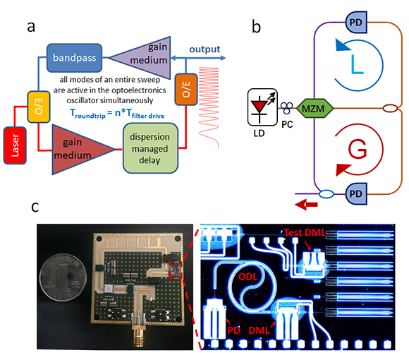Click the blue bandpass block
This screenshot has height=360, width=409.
tap(74, 58)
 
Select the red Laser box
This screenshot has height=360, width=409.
tap(15, 145)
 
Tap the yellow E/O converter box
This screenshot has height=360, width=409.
tap(39, 107)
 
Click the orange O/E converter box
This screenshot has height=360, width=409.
tap(185, 89)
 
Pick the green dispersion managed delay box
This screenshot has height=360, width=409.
tap(150, 148)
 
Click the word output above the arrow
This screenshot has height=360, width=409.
tap(204, 49)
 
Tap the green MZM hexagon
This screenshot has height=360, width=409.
tap(315, 108)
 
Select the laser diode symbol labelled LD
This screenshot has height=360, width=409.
tap(262, 107)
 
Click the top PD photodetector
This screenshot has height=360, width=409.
tap(356, 22)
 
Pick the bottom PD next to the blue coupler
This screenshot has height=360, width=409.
tap(356, 194)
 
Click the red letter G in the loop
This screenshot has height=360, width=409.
tap(358, 150)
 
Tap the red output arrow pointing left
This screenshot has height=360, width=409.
tap(306, 205)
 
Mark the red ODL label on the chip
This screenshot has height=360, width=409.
tap(248, 277)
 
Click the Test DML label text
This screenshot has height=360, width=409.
tap(305, 232)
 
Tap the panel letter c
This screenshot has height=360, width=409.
tap(35, 207)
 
